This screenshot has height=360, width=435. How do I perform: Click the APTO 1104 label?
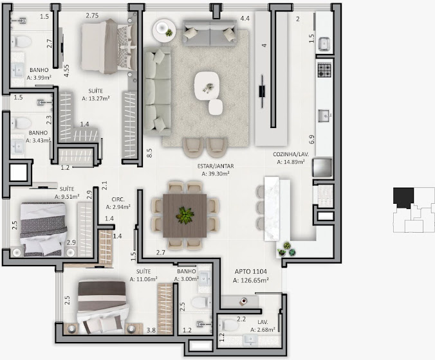(x=251, y=271)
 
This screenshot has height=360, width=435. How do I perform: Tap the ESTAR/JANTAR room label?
(x=216, y=166)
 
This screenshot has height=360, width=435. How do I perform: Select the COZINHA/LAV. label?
(x=291, y=154)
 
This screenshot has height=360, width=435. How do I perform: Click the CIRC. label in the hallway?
(x=118, y=199)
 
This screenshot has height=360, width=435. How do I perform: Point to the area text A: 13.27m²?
(x=96, y=98)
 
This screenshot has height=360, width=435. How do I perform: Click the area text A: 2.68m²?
(x=263, y=330)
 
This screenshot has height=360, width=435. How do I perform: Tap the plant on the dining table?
(x=185, y=215)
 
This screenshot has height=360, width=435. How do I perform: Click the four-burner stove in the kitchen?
(x=324, y=70)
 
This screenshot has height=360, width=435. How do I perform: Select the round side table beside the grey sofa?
(x=164, y=30)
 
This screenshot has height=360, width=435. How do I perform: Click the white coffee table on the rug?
(x=207, y=85)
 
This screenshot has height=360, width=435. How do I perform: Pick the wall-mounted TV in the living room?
(x=262, y=91)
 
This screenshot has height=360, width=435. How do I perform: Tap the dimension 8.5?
(x=149, y=153)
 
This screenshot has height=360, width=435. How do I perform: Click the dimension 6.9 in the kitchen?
(x=311, y=139)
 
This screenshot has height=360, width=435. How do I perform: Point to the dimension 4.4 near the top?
(x=245, y=19)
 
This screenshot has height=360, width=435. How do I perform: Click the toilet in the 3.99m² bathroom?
(x=21, y=42)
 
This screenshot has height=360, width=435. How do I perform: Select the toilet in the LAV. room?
(x=229, y=325)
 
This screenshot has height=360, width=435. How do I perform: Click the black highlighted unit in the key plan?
(x=403, y=197)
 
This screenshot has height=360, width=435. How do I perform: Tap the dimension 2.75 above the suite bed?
(x=92, y=15)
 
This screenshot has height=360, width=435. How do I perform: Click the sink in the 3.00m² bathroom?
(x=205, y=278)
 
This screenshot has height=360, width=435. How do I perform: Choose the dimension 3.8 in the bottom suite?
(x=151, y=330)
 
